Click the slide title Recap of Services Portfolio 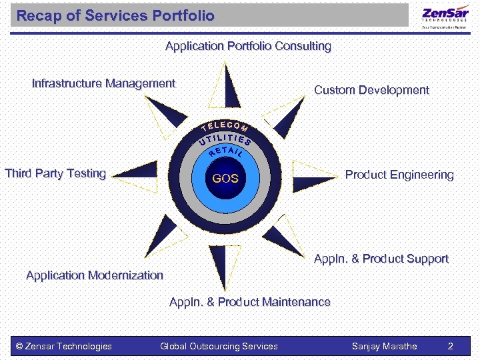click(115, 15)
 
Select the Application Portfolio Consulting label click(248, 46)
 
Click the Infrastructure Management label click(103, 83)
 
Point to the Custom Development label click(371, 90)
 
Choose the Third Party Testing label click(55, 173)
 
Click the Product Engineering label click(399, 175)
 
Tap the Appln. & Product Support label click(381, 259)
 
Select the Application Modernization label click(94, 275)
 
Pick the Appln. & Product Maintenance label click(250, 302)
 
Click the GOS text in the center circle click(225, 179)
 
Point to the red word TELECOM click(225, 125)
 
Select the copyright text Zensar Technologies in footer click(64, 346)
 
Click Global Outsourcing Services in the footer click(219, 346)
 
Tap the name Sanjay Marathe click(385, 346)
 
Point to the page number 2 click(451, 346)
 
